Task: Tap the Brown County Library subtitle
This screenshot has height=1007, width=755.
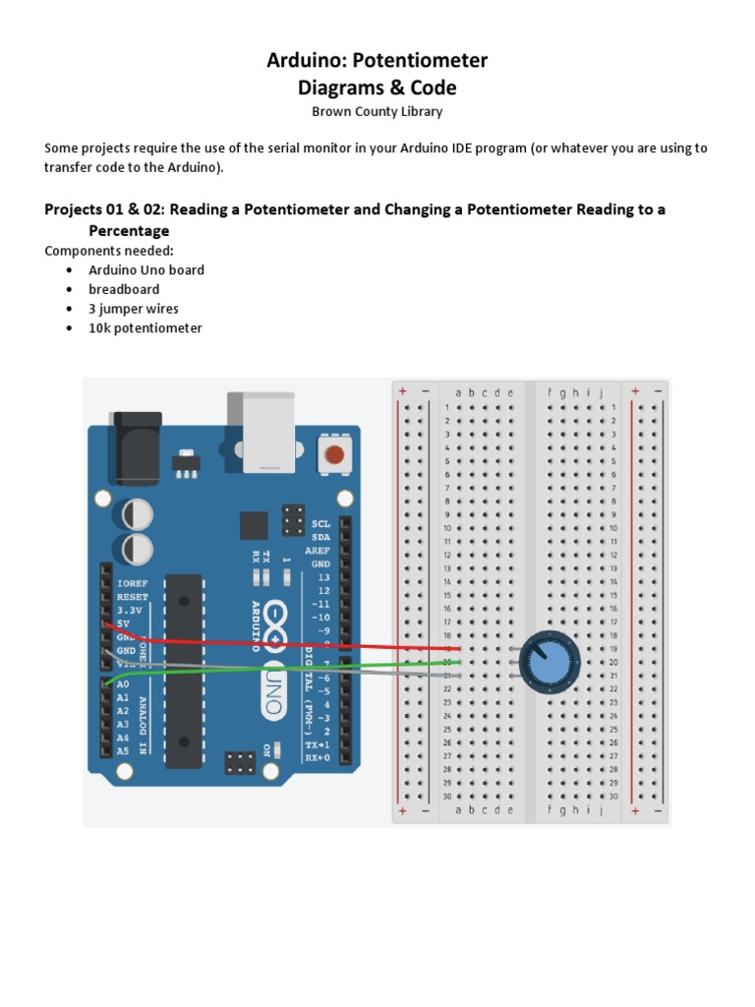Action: pyautogui.click(x=377, y=111)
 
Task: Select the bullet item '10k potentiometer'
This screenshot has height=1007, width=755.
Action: pyautogui.click(x=145, y=328)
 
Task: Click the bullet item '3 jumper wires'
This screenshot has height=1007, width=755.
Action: pyautogui.click(x=134, y=309)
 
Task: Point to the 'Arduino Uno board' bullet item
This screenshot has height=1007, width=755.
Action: pyautogui.click(x=146, y=269)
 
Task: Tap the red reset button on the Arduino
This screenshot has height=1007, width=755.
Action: pyautogui.click(x=335, y=454)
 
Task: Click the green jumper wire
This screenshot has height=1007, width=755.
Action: pyautogui.click(x=295, y=670)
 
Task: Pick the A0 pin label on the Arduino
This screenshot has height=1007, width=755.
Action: pyautogui.click(x=123, y=683)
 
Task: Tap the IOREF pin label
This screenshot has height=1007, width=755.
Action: pyautogui.click(x=133, y=583)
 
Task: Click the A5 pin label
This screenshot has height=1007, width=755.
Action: pyautogui.click(x=123, y=750)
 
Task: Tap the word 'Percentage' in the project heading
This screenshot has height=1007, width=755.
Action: pyautogui.click(x=129, y=231)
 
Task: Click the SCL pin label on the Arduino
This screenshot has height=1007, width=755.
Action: pyautogui.click(x=321, y=524)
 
